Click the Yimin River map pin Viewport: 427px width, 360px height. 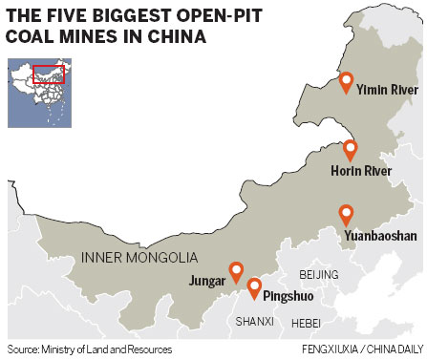click(x=346, y=84)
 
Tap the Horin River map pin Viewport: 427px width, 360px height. click(x=350, y=150)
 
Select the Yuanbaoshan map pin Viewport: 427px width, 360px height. click(x=346, y=215)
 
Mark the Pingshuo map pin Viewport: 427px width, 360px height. click(x=254, y=287)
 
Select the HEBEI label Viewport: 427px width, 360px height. click(x=306, y=322)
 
